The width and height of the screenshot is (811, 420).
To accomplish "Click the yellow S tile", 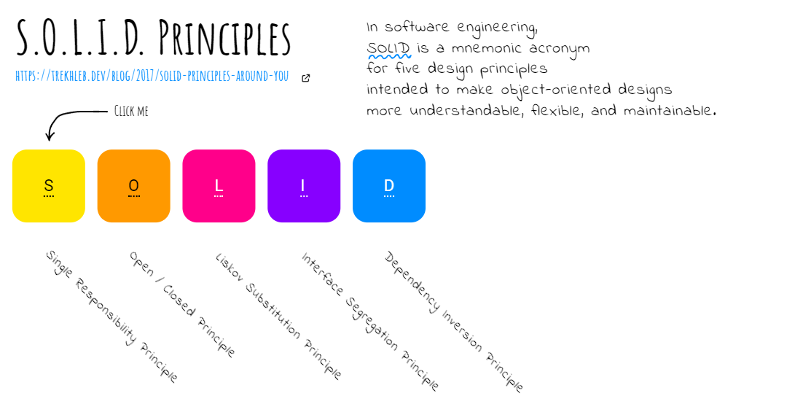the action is point(49,186).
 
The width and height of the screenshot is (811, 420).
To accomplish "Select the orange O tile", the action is point(134,186).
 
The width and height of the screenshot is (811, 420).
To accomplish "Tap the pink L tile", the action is point(219,186).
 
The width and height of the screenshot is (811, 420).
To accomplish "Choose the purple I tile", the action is point(304,186).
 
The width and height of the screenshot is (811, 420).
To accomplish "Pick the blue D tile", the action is point(389,186).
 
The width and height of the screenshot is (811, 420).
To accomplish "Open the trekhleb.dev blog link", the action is point(152,76).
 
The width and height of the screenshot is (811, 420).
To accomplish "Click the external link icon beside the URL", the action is point(306,78).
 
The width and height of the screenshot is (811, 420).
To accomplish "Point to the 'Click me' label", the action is point(131,111).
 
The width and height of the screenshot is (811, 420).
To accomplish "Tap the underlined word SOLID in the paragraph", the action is point(389,48).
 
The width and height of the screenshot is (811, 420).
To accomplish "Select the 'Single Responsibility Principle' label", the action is point(111,316).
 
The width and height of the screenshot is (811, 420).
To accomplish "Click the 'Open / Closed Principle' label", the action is point(182,305).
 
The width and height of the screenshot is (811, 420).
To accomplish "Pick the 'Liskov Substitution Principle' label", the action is point(278,316).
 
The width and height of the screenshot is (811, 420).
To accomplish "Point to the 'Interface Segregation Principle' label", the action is point(370,322).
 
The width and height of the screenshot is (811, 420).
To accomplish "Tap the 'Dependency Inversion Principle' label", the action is point(454,322).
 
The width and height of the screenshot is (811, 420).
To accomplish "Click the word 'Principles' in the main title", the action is point(224,37).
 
